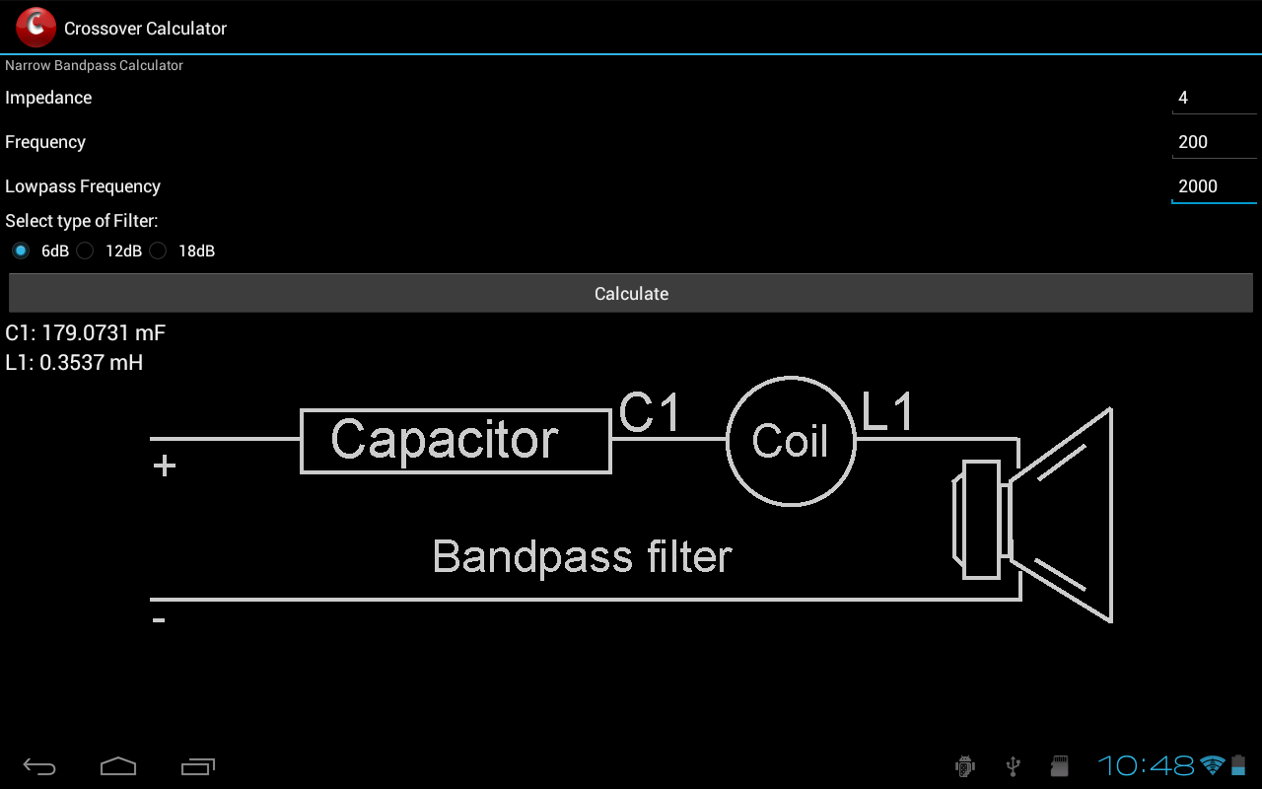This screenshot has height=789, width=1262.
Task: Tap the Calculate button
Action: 631,294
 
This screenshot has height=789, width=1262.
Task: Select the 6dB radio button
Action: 20,251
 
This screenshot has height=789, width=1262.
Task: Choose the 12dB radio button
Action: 86,251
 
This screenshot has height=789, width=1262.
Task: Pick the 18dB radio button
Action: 159,251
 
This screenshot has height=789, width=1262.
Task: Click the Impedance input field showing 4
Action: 1213,98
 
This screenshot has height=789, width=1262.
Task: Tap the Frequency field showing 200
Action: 1213,142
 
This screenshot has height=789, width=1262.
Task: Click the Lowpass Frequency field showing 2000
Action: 1213,186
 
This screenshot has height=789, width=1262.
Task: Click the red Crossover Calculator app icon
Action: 36,28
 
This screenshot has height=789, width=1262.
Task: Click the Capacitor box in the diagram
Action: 456,441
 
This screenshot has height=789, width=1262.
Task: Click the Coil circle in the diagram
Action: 791,441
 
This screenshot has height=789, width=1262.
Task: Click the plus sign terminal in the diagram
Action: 165,466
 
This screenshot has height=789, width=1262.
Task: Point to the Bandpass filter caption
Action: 582,557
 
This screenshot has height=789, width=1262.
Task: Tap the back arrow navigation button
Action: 39,766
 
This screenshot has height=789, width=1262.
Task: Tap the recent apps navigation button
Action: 198,766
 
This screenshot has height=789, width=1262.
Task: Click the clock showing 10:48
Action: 1146,765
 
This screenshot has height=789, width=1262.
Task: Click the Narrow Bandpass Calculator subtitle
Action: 95,65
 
